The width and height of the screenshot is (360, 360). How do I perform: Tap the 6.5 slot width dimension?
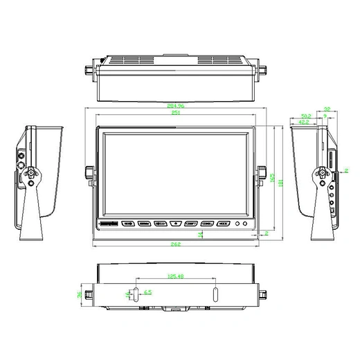[x=147, y=291]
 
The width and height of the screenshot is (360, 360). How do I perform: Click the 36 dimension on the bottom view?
[x=80, y=294]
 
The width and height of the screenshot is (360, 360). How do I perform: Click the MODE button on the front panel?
[x=222, y=224]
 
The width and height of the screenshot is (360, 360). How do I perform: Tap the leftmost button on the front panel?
[x=128, y=224]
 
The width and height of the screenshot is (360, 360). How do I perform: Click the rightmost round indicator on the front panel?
[x=244, y=224]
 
